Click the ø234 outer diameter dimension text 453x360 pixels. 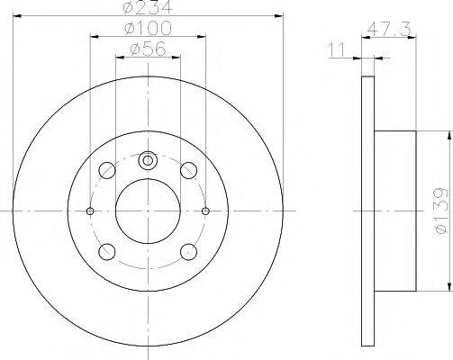(149, 8)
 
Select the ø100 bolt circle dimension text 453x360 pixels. (149, 31)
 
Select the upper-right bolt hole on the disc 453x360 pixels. (188, 170)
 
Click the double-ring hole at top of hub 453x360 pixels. (149, 160)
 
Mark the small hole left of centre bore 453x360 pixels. (90, 211)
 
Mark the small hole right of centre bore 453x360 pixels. (206, 211)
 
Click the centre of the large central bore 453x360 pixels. (149, 211)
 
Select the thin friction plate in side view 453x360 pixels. (367, 211)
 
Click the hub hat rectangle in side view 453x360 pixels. (394, 211)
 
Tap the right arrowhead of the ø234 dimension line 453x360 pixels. (279, 15)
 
